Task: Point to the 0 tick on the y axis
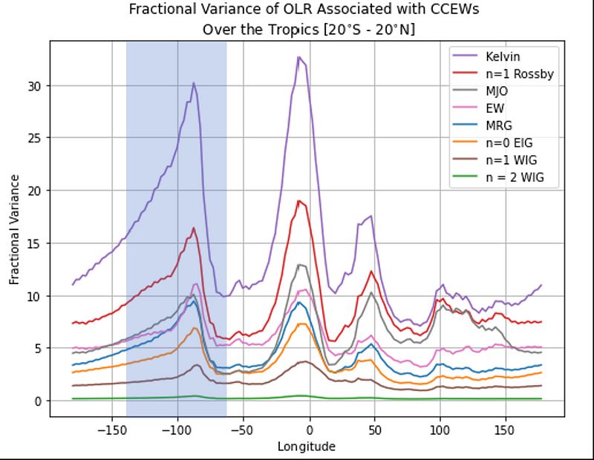tap(38, 401)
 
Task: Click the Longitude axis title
tap(307, 446)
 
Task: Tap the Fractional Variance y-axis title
tap(15, 230)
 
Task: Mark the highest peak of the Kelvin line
tap(298, 56)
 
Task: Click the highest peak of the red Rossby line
tap(298, 200)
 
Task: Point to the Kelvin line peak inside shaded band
tap(194, 83)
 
